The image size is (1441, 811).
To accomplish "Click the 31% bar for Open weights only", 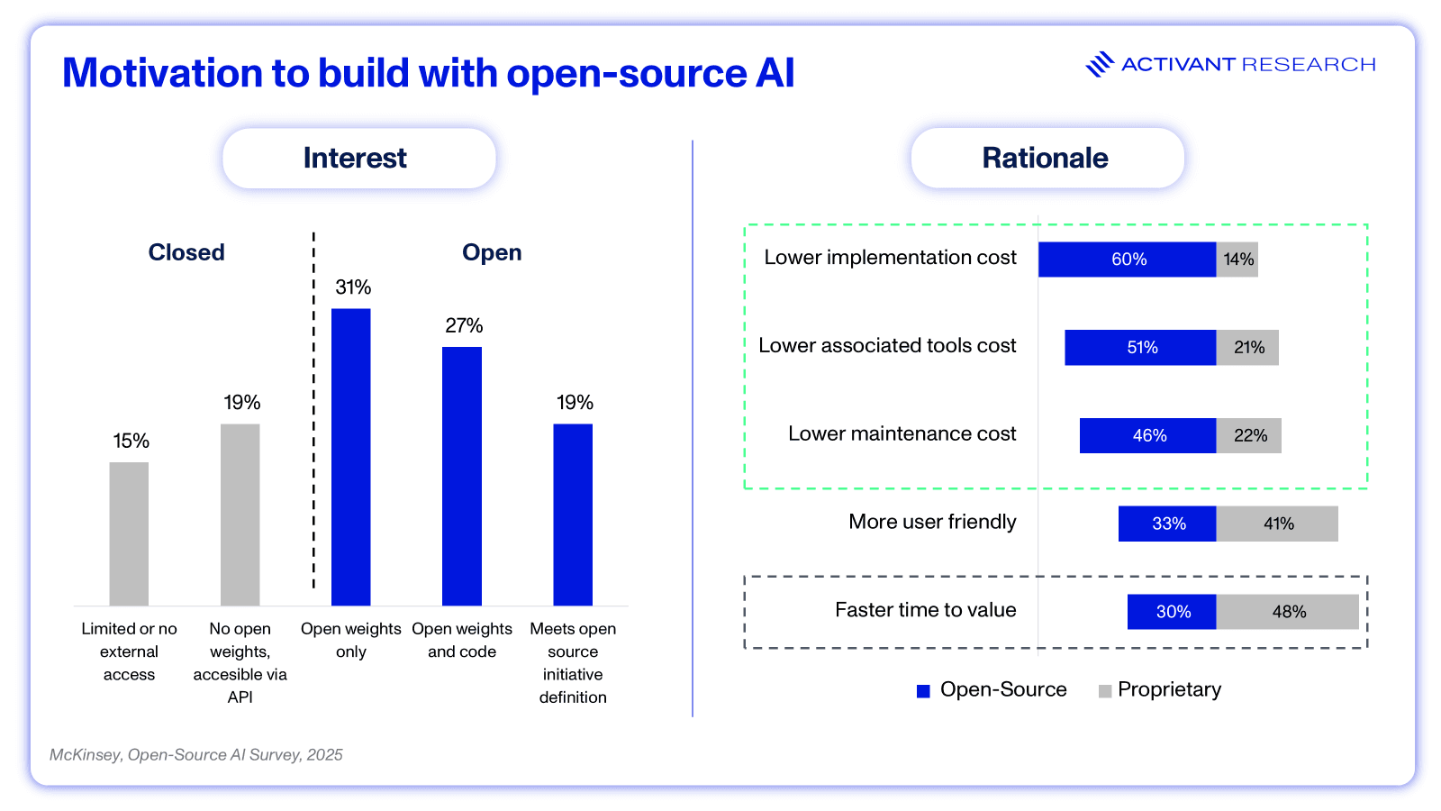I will coord(350,457).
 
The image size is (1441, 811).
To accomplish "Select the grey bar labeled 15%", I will coord(129,533).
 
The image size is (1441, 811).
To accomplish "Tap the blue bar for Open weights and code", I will coord(462,476).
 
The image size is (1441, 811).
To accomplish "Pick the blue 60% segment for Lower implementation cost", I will coord(1127,260).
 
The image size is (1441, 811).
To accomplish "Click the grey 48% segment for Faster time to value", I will coord(1287,612).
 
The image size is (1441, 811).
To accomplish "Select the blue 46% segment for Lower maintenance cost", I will coord(1147,435).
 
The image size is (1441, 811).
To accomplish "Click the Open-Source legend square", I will coord(923,691).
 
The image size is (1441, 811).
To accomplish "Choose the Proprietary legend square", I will coord(1105,691).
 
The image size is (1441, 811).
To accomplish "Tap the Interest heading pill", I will coord(358,159).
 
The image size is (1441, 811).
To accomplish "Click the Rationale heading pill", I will coord(1047,159).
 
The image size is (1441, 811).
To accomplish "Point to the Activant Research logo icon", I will coord(1100,64).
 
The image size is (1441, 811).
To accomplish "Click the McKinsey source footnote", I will coord(196,755).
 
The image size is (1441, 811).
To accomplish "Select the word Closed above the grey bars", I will coord(186,252).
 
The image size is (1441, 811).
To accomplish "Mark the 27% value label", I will coord(464,325).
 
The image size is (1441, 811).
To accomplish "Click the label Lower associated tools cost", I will coord(887,346).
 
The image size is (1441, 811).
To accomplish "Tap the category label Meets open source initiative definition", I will coord(573,662).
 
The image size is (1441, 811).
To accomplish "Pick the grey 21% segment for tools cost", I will coord(1247,348).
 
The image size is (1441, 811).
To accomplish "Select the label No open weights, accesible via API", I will coord(240,662).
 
